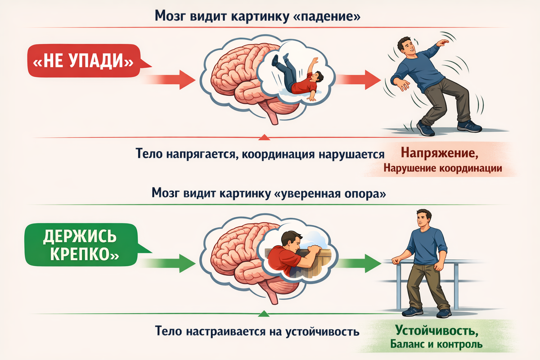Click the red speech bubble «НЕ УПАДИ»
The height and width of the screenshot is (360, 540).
(85, 61)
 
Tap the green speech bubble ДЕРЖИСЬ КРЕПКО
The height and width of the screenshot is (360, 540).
(82, 245)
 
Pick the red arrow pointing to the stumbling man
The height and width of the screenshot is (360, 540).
(359, 80)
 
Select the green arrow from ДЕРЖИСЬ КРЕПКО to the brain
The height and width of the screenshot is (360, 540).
(169, 264)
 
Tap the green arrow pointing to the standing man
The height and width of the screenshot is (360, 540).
(359, 264)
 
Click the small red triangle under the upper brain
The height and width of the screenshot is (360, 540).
(264, 137)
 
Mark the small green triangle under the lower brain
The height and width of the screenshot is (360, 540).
(264, 314)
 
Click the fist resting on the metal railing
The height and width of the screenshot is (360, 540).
(396, 261)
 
